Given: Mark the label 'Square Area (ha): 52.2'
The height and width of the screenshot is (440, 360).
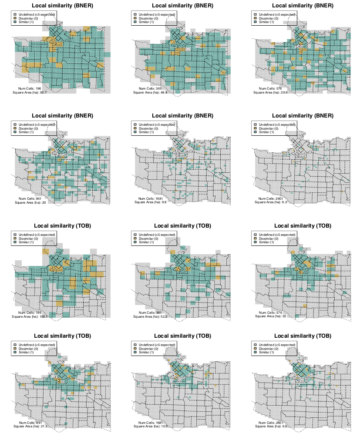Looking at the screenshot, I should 151,316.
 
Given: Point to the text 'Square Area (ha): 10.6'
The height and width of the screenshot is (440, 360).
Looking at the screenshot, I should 151,427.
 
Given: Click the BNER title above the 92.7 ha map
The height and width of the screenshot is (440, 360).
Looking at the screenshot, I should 62,5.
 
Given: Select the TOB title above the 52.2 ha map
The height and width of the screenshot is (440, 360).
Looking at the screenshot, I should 182,226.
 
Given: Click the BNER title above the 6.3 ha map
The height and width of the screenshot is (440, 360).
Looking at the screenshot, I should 302,116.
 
